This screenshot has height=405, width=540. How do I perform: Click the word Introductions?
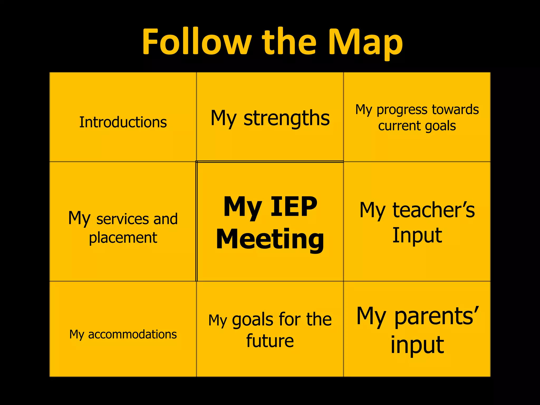pyautogui.click(x=123, y=122)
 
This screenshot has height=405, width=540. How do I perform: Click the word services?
pyautogui.click(x=122, y=219)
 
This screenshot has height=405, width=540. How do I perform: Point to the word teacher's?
pyautogui.click(x=434, y=210)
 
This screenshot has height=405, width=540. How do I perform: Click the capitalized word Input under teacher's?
pyautogui.click(x=417, y=235)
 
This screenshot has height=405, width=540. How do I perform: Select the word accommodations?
pyautogui.click(x=132, y=334)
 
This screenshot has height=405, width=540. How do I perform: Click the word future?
pyautogui.click(x=270, y=341)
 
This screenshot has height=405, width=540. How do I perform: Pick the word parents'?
pyautogui.click(x=436, y=316)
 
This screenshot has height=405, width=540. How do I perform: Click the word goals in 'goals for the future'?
pyautogui.click(x=253, y=320)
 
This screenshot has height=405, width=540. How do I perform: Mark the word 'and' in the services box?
pyautogui.click(x=165, y=219)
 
